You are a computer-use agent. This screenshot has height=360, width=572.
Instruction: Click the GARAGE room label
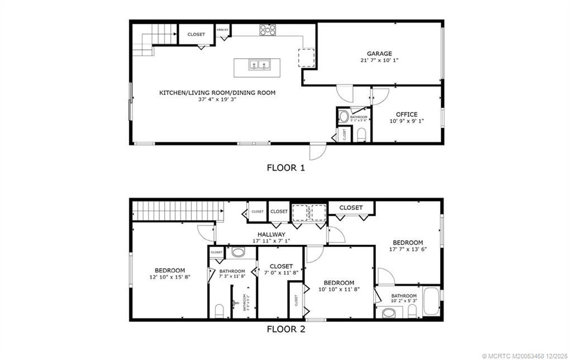pyautogui.click(x=379, y=54)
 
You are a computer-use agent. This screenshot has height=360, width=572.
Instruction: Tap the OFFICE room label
pyautogui.click(x=406, y=114)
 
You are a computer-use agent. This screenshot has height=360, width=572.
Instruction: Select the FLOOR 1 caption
pyautogui.click(x=286, y=167)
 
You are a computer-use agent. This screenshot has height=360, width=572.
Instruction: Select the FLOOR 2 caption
pyautogui.click(x=286, y=329)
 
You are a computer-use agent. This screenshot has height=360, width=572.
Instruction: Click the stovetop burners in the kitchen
pyautogui.click(x=266, y=30)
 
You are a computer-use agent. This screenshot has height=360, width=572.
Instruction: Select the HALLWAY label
pyautogui.click(x=271, y=234)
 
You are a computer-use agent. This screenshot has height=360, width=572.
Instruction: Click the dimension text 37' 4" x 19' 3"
pyautogui.click(x=217, y=100)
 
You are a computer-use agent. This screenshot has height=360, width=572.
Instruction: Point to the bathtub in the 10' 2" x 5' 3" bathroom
pyautogui.click(x=431, y=302)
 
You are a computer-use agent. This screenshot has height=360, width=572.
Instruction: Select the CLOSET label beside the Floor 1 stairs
pyautogui.click(x=196, y=35)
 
